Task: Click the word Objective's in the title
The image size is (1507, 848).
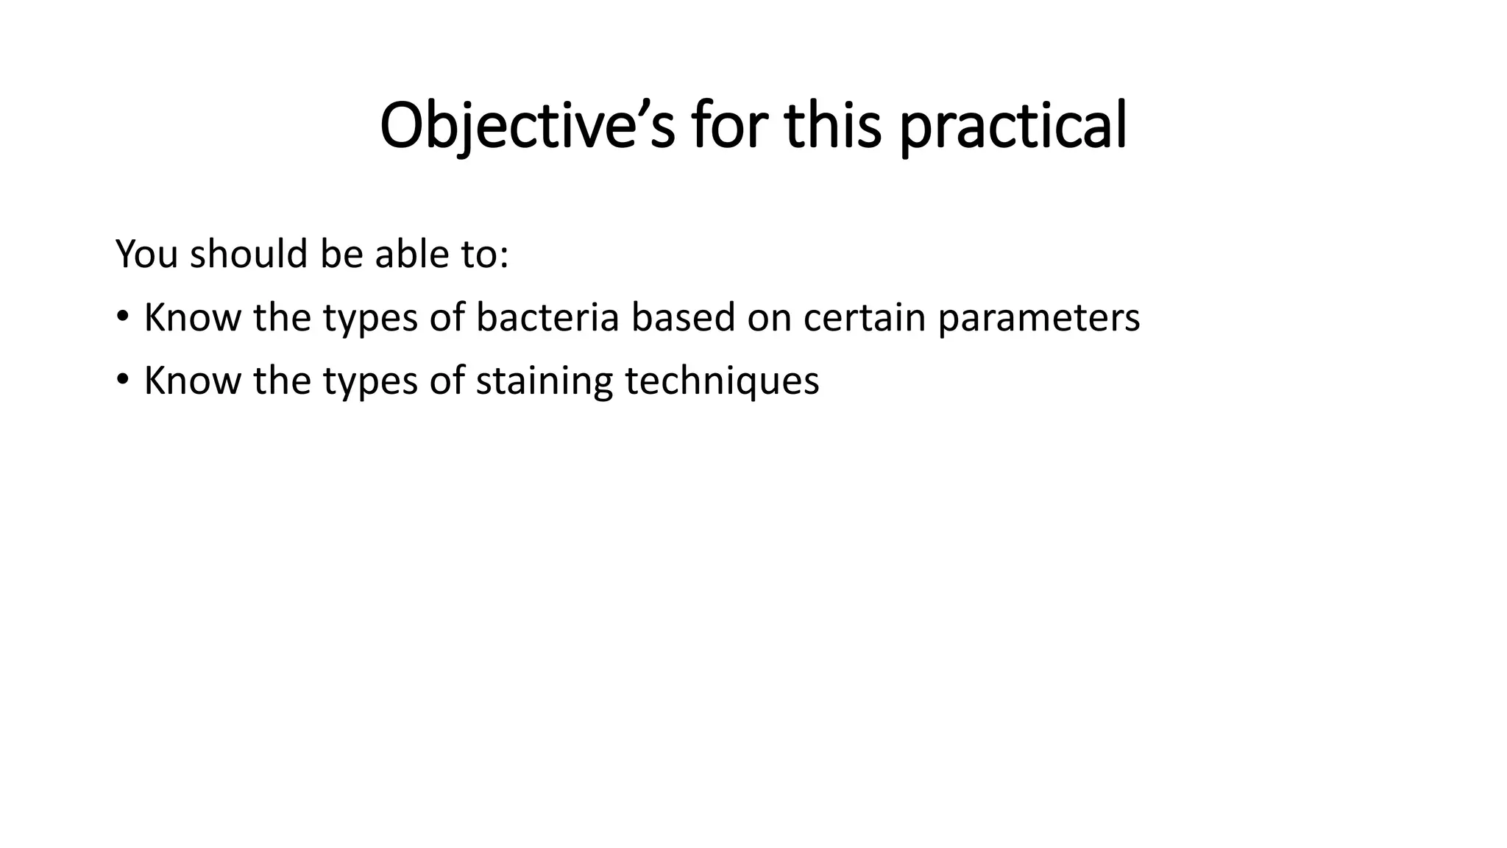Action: (x=527, y=127)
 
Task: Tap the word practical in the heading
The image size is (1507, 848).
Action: (x=1013, y=127)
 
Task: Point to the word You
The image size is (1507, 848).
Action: (x=147, y=254)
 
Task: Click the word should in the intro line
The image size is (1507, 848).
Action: (x=248, y=254)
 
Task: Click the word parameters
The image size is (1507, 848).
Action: (x=1038, y=318)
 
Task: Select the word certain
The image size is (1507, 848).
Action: (x=864, y=318)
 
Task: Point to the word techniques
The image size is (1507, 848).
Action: (x=722, y=381)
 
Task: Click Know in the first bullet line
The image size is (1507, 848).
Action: (x=192, y=318)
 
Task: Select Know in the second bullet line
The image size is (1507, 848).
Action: (x=192, y=381)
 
